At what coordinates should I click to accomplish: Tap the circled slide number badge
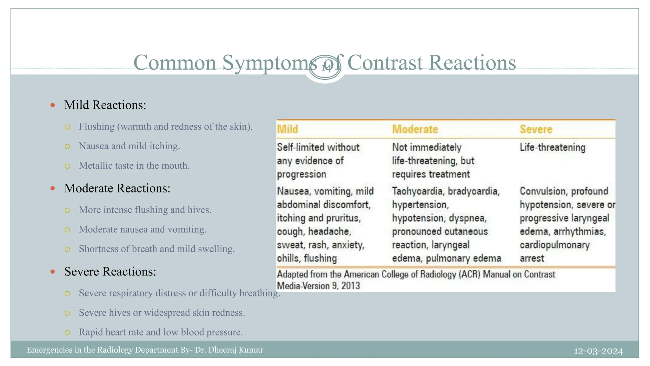coord(325,68)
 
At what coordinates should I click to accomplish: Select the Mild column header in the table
coord(288,129)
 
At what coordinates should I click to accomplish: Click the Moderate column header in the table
coord(415,129)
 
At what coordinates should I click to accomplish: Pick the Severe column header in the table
coord(536,129)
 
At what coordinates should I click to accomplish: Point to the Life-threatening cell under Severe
coord(553,147)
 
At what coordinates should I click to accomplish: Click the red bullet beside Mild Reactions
coord(53,105)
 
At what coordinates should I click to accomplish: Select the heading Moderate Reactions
coord(117,188)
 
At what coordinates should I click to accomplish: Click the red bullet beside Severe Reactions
coord(53,272)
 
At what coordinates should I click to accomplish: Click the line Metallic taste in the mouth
coord(134,166)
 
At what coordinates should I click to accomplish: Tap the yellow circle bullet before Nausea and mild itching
coord(67,146)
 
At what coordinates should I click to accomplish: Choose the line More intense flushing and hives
coord(145,210)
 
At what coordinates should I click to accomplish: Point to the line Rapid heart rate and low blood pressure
coord(161,332)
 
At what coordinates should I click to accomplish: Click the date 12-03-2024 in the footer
coord(598,351)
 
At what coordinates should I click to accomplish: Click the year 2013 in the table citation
coord(351,286)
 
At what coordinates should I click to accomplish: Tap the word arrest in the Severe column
coord(532,258)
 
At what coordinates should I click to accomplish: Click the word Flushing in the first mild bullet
coord(96,126)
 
